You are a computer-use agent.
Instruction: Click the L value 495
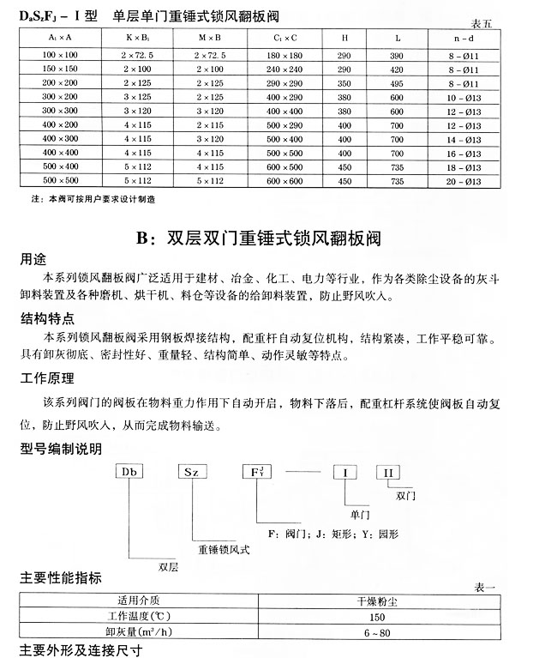tap(395, 82)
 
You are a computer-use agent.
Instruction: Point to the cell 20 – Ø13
tap(468, 181)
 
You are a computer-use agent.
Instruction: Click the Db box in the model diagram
tap(130, 473)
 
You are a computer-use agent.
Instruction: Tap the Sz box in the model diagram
tap(192, 473)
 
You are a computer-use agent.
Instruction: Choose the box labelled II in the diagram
tap(387, 473)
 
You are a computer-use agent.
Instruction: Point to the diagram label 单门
tap(360, 514)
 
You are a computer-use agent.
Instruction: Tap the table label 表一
tap(485, 588)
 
